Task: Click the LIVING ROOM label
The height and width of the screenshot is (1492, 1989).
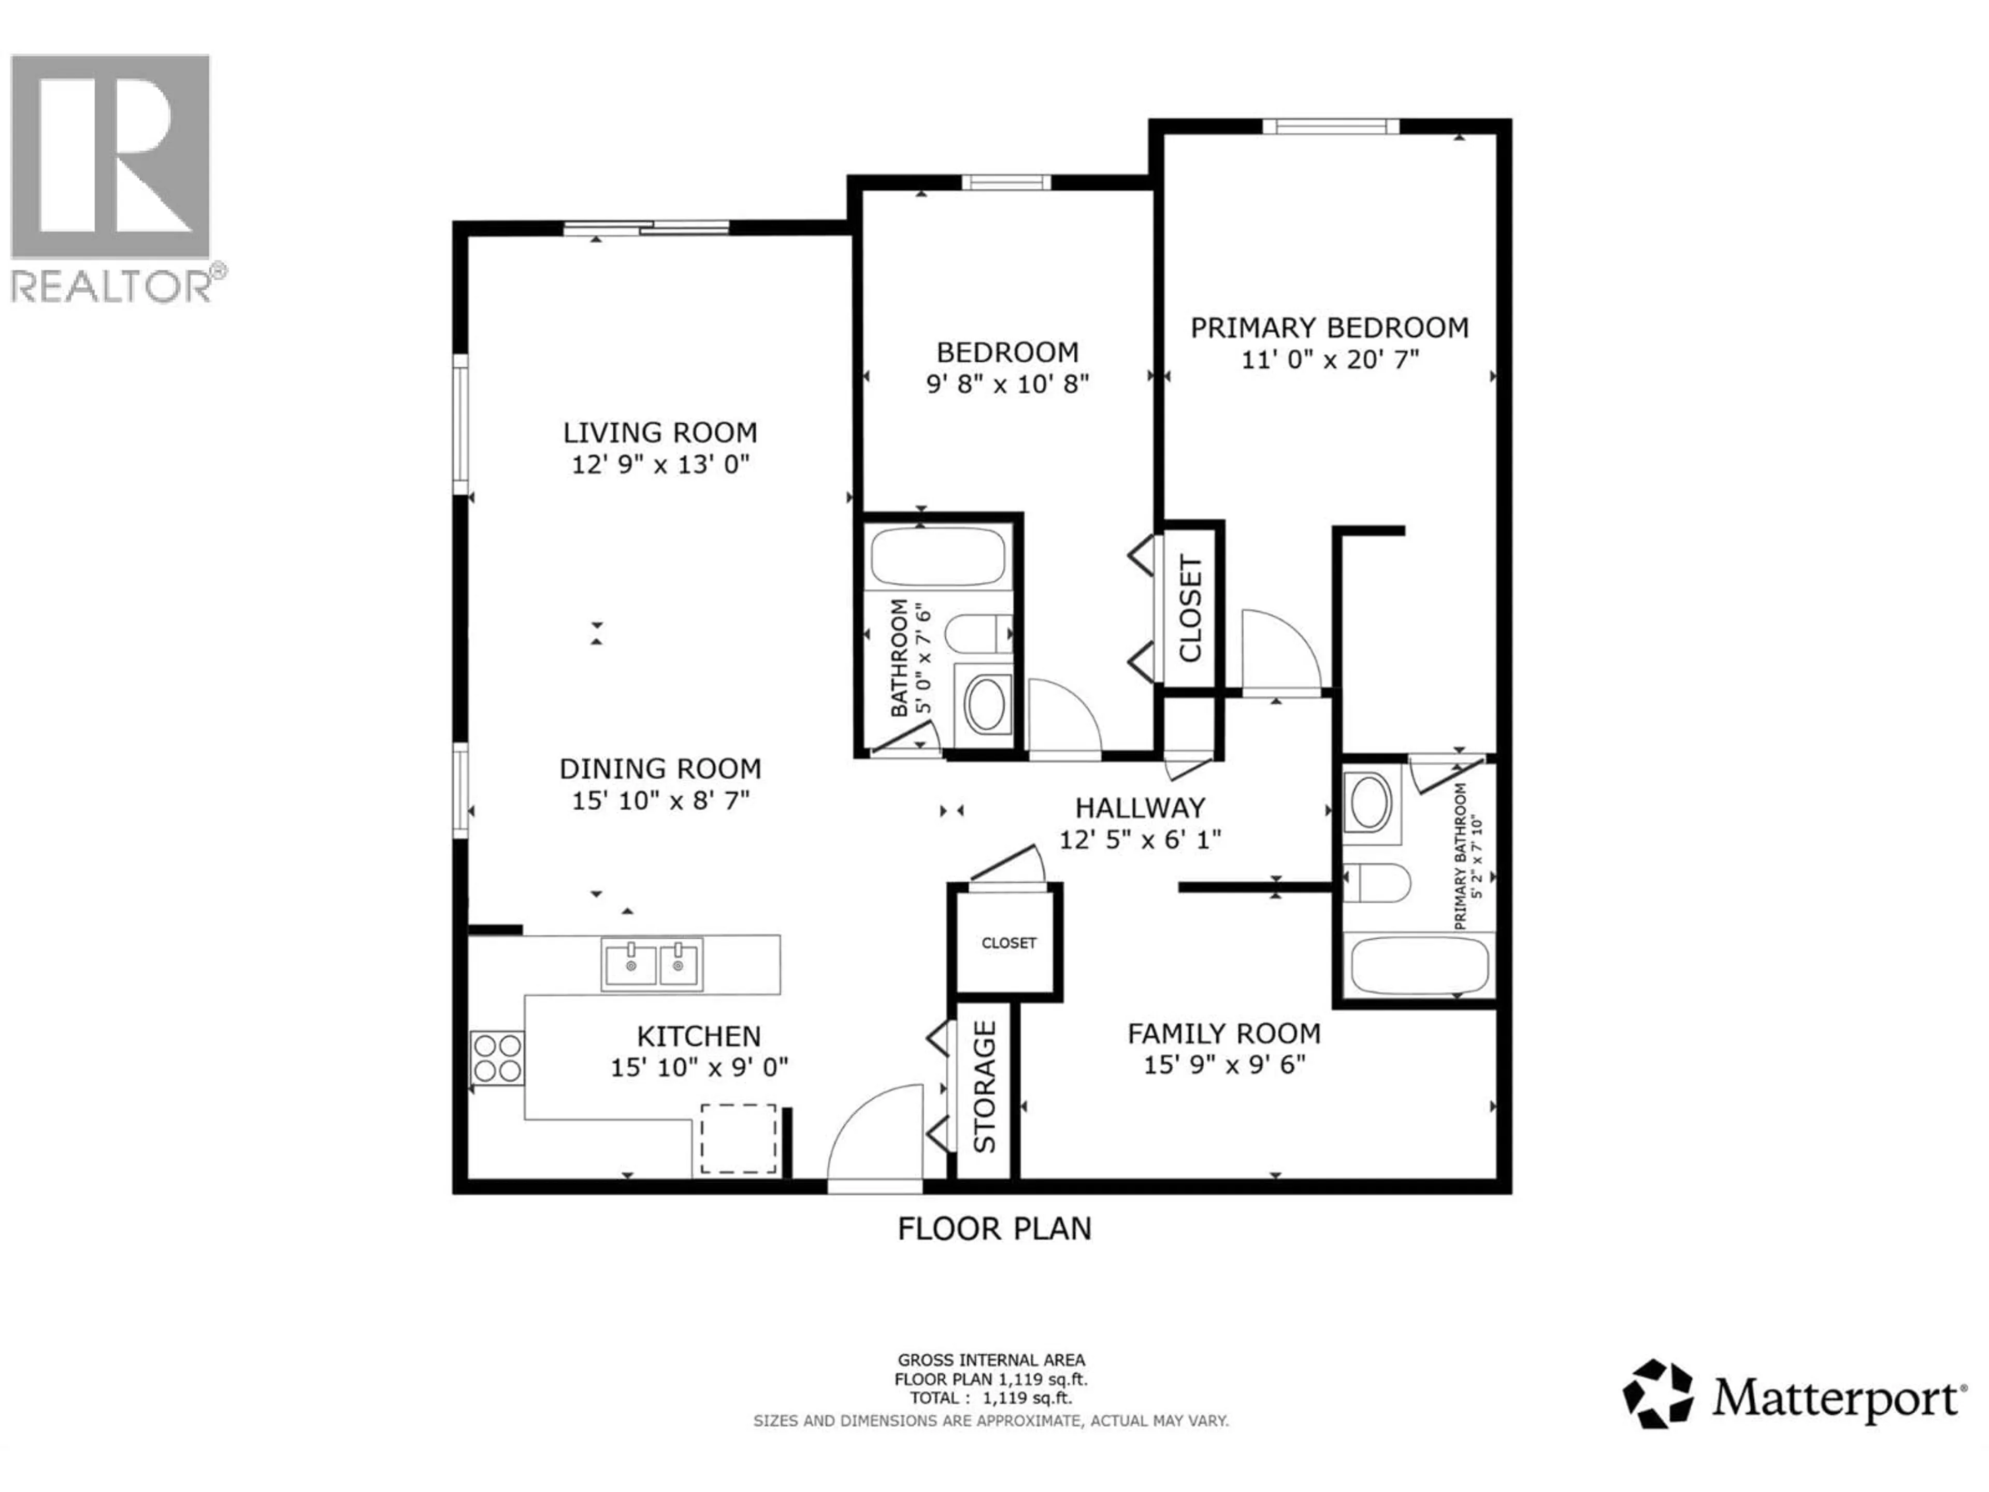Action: (660, 433)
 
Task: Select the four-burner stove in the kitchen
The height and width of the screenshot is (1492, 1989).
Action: (497, 1058)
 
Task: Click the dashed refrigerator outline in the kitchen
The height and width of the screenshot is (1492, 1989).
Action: (738, 1139)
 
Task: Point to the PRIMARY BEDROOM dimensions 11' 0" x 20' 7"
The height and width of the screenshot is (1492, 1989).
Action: (1330, 360)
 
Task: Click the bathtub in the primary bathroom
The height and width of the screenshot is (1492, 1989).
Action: (1419, 966)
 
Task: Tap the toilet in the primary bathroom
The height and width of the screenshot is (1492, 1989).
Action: (1376, 883)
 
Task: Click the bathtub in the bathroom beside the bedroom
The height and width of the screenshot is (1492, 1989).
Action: (938, 556)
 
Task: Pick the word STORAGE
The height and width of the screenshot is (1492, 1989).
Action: (986, 1086)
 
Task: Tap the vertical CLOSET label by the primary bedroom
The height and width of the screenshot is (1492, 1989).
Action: (1190, 608)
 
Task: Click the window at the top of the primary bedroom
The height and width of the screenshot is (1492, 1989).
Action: (1330, 126)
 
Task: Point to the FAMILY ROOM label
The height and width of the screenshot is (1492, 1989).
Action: (1224, 1034)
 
